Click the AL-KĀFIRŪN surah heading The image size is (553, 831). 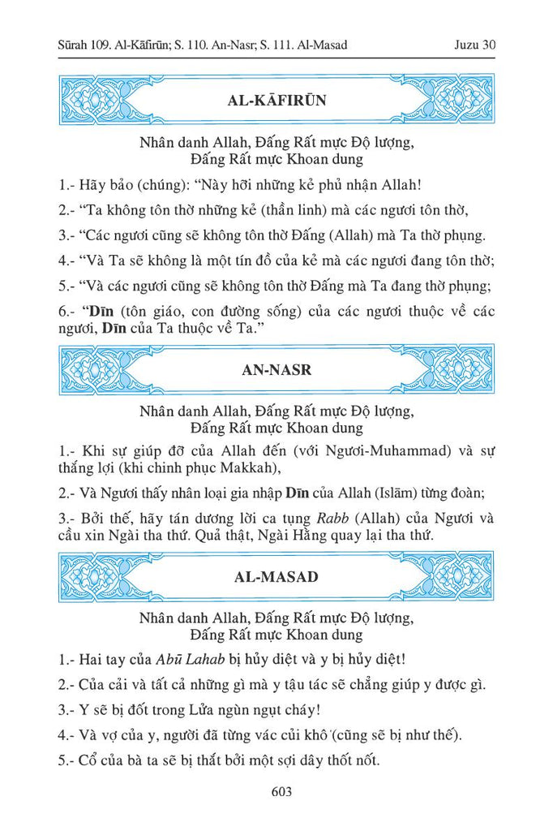tap(276, 101)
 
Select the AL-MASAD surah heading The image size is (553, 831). tap(276, 578)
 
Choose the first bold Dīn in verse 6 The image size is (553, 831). tap(101, 312)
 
